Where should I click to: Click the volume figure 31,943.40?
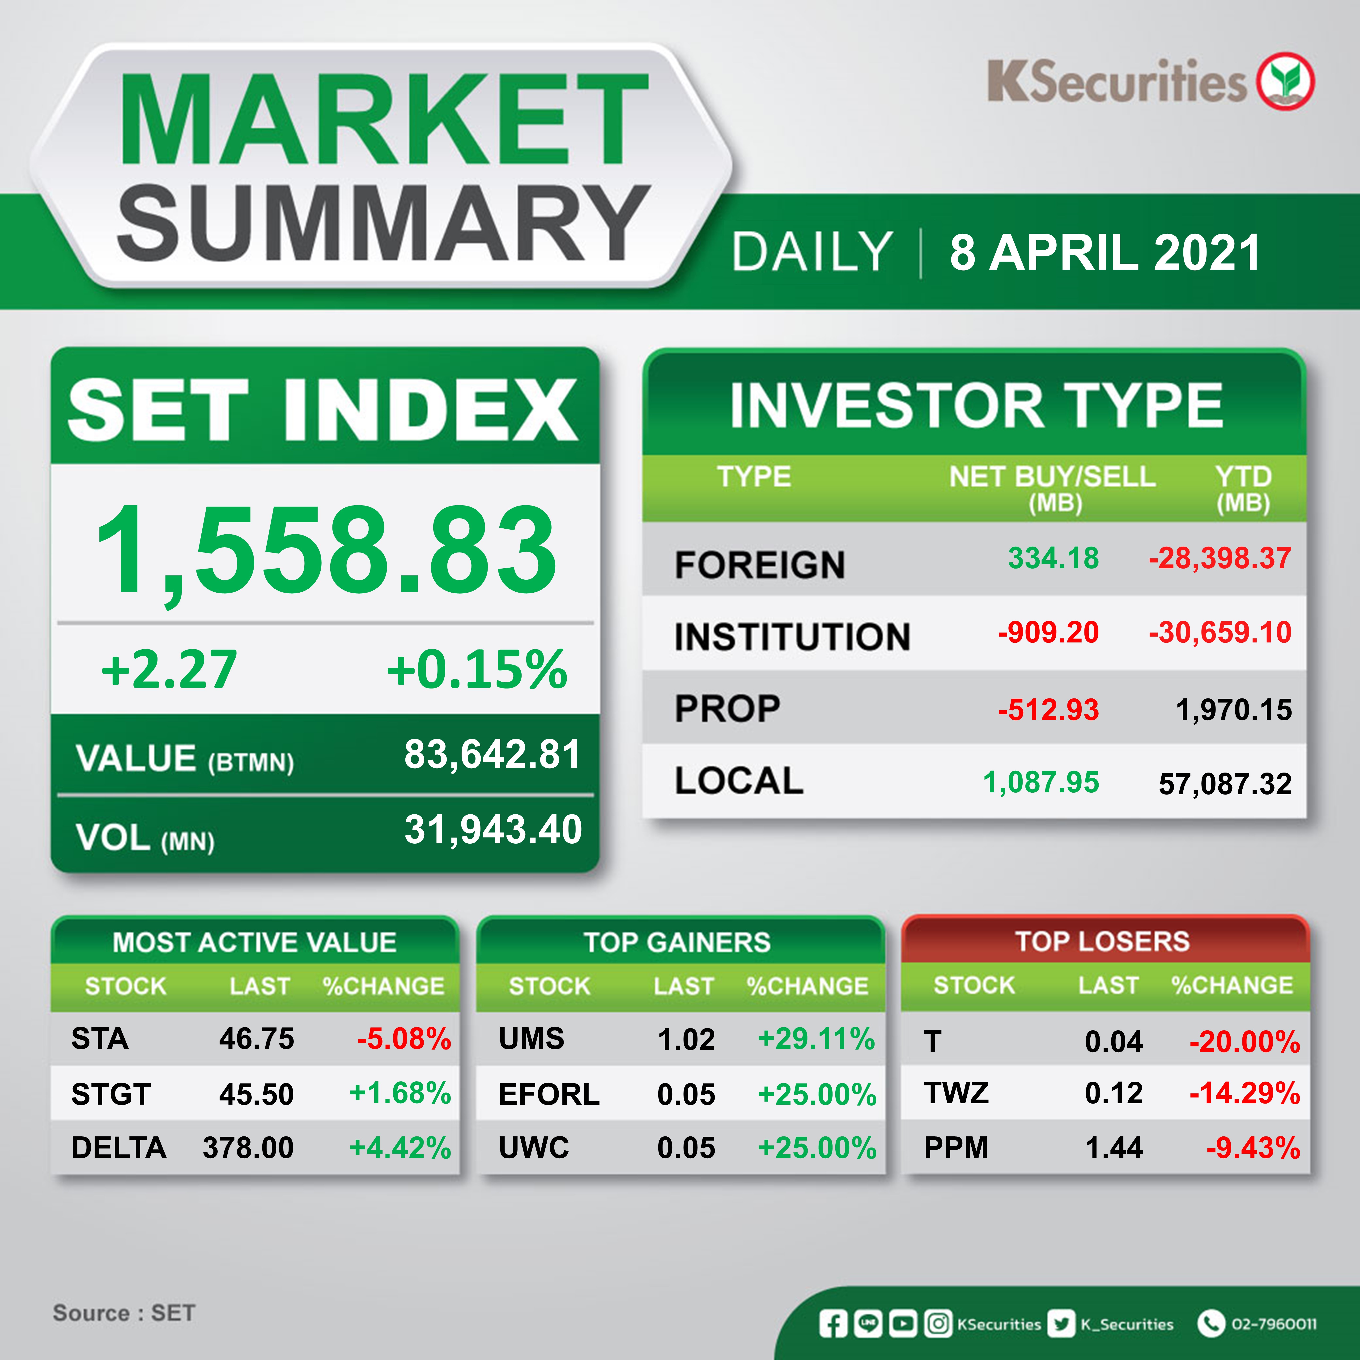point(493,829)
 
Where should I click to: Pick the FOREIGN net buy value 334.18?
point(1053,558)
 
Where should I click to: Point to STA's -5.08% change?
point(404,1039)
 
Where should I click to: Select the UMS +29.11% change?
point(816,1039)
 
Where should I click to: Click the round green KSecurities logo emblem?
point(1286,81)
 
